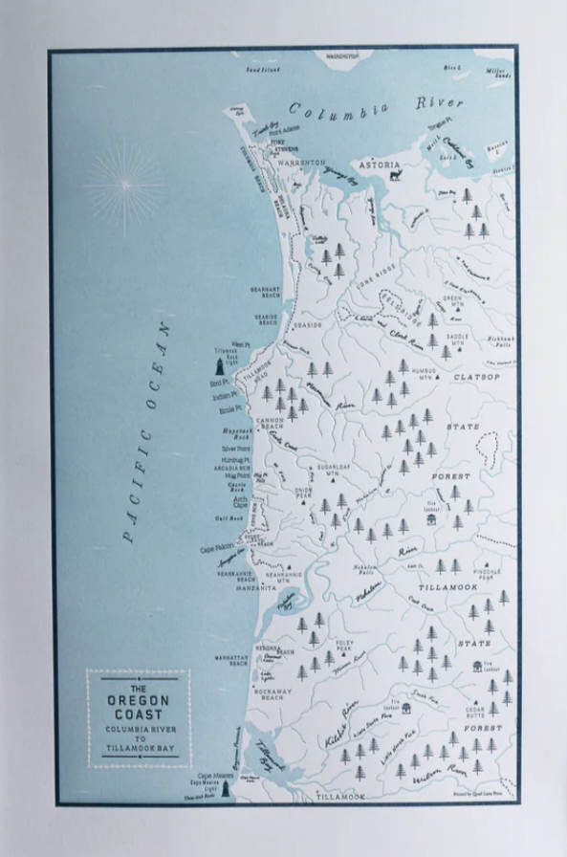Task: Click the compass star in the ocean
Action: [124, 182]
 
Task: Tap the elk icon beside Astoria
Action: [393, 175]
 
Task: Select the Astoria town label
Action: [380, 165]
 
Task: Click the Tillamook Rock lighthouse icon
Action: [219, 364]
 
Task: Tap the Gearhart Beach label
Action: [265, 291]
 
